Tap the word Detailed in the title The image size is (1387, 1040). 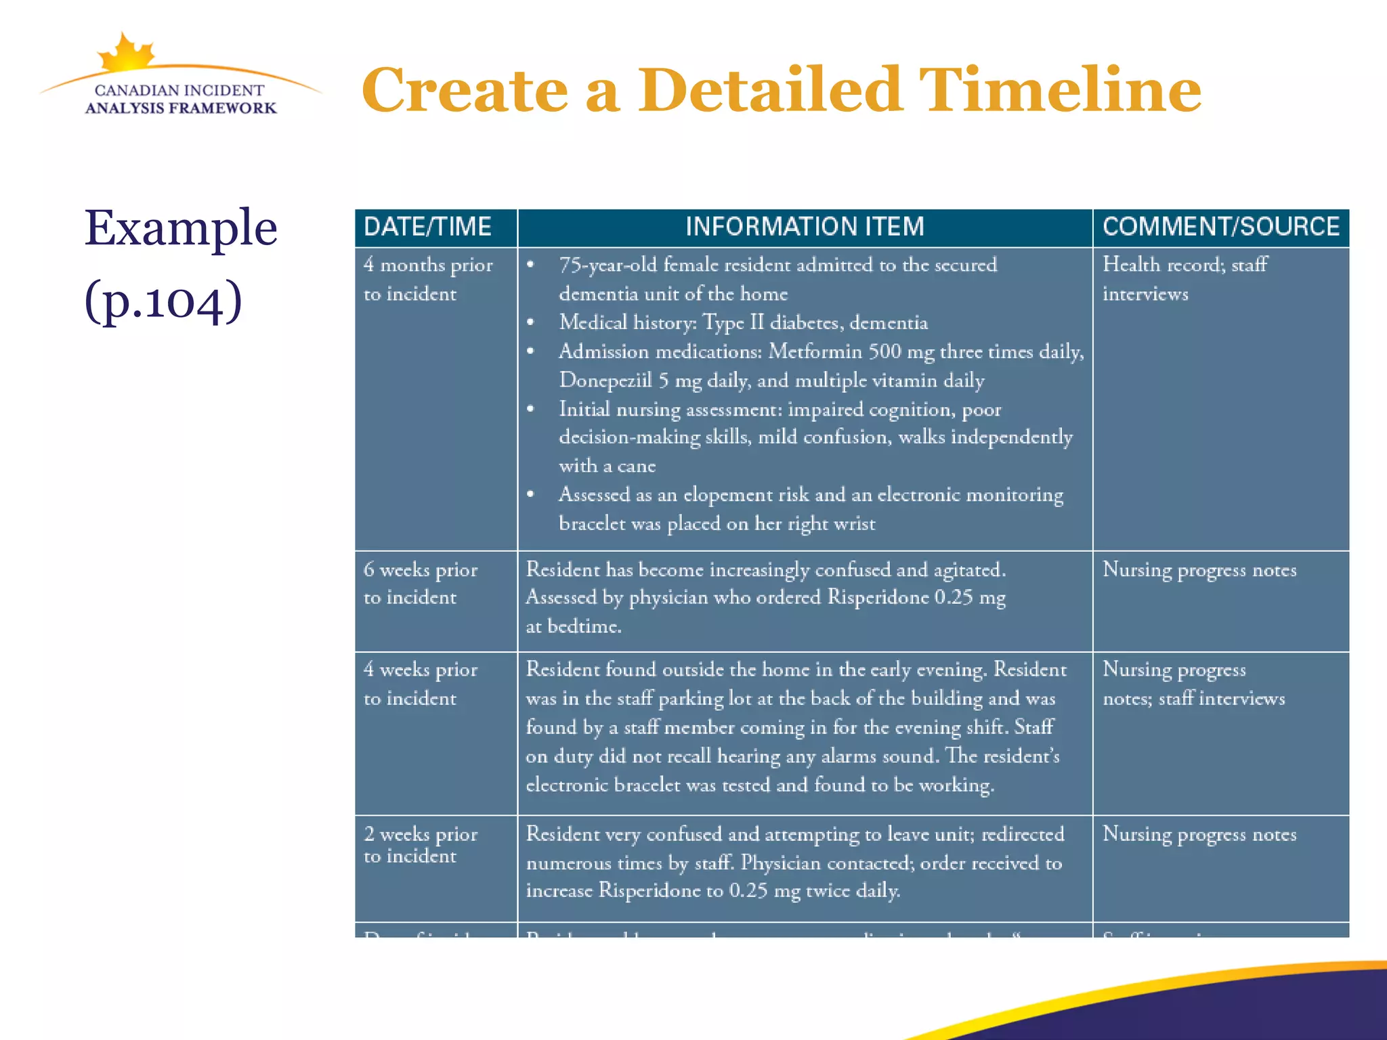(x=769, y=91)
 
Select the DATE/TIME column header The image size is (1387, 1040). (x=428, y=227)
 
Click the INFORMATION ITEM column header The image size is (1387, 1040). (x=805, y=227)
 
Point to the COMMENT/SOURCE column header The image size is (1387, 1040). (x=1220, y=227)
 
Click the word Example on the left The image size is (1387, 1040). (x=181, y=228)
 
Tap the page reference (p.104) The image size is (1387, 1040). (x=163, y=300)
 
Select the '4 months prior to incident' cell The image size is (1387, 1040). (x=428, y=280)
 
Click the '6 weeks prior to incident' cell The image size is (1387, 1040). (x=421, y=584)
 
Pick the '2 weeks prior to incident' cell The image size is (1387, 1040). (x=421, y=845)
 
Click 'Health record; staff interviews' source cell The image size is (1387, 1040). (x=1185, y=280)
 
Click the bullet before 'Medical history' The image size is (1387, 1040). (x=531, y=323)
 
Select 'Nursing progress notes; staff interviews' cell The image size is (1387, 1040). (x=1193, y=684)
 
